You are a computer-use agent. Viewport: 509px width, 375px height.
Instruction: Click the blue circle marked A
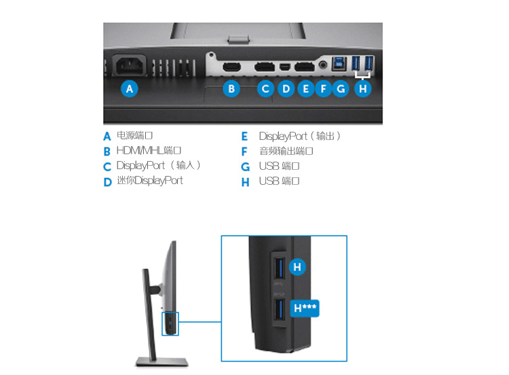coord(130,89)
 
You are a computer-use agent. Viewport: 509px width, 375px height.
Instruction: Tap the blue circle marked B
coord(231,89)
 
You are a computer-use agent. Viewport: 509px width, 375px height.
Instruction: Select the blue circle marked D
coord(286,89)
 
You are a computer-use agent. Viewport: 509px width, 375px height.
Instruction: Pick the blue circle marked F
coord(323,89)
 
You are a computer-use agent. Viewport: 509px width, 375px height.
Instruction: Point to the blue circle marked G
coord(341,89)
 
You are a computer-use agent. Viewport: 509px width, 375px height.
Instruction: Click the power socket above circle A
coord(130,65)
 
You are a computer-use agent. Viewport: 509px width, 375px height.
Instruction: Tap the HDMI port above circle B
coord(232,67)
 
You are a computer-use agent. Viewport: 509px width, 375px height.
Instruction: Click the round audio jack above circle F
coord(322,65)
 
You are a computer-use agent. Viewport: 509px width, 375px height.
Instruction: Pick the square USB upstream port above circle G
coord(339,63)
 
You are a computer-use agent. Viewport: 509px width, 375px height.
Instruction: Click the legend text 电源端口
coord(134,135)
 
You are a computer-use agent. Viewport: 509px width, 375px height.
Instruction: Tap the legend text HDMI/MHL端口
coord(149,150)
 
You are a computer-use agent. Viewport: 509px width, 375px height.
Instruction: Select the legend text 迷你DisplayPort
coord(150,180)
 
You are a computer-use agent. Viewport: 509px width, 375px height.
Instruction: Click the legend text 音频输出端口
coord(286,151)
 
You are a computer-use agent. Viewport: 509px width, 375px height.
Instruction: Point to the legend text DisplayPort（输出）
coord(299,136)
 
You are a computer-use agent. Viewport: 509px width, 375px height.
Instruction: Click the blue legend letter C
coord(107,166)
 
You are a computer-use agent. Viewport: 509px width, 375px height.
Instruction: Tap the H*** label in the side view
coord(305,308)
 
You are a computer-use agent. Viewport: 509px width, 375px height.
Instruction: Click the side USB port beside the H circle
coord(279,268)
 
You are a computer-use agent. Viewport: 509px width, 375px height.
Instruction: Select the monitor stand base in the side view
coord(162,361)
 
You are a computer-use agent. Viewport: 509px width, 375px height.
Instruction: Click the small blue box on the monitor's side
coord(170,323)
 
